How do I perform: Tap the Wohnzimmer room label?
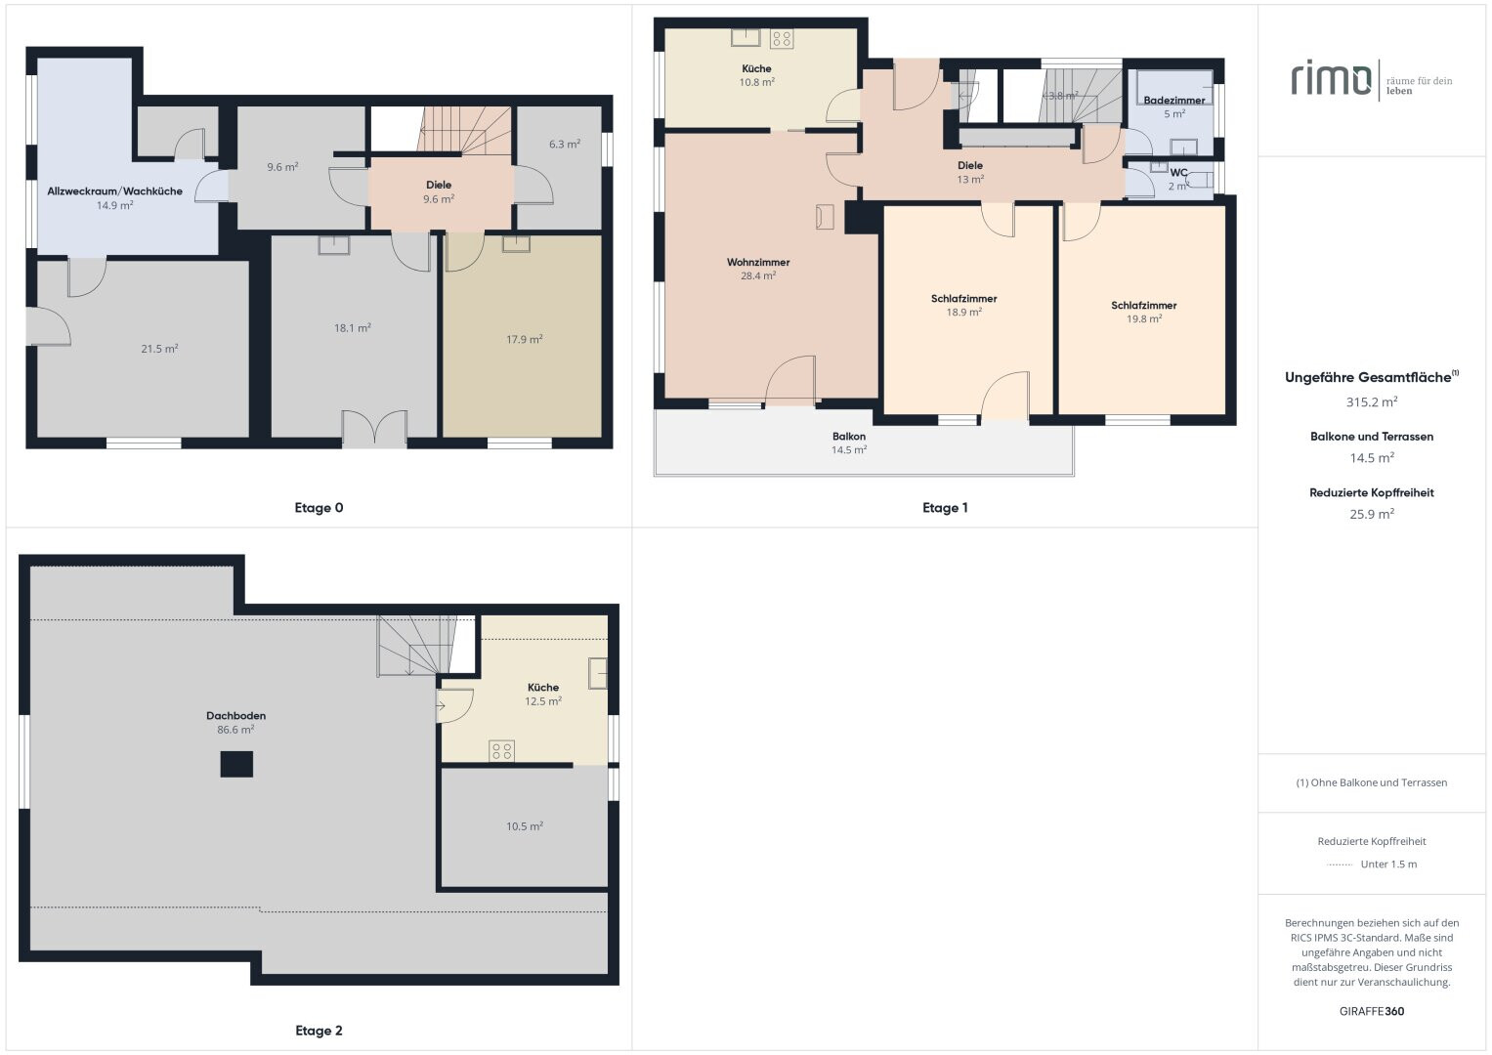click(x=758, y=263)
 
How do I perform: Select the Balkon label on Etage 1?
click(x=848, y=437)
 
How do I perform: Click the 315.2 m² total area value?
click(x=1372, y=401)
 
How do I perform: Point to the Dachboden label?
click(x=235, y=716)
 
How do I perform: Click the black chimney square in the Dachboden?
click(x=236, y=764)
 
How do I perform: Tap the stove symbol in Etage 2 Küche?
click(x=501, y=751)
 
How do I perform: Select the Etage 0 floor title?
click(x=320, y=508)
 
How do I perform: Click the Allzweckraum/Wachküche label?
click(x=114, y=191)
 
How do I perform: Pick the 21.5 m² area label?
click(x=159, y=349)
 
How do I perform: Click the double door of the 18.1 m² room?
click(x=374, y=428)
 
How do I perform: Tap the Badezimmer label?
click(x=1174, y=101)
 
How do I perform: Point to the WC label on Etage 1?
click(x=1178, y=173)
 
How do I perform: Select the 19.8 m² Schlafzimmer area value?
click(x=1144, y=319)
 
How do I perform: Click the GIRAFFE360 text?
click(x=1372, y=1011)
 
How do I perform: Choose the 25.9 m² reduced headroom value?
click(x=1372, y=514)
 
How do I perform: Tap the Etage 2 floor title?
click(x=320, y=1031)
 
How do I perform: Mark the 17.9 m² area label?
click(x=524, y=340)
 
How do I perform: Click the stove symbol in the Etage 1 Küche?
click(x=782, y=39)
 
